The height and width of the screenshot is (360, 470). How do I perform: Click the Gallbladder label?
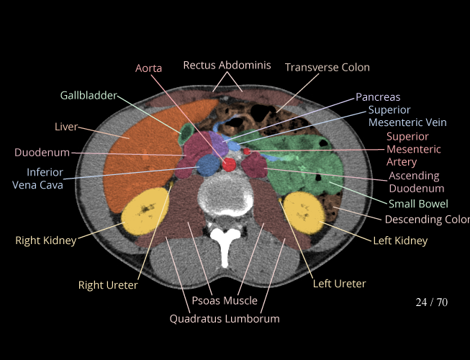(x=88, y=95)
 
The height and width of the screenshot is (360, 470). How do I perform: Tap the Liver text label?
(x=66, y=127)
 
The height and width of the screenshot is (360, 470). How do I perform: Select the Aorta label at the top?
(x=148, y=68)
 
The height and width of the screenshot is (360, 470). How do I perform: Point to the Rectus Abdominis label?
(x=227, y=66)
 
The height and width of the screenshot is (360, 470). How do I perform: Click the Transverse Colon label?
(x=327, y=68)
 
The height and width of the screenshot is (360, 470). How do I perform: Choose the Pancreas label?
(x=377, y=97)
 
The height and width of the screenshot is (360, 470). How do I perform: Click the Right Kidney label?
(x=45, y=240)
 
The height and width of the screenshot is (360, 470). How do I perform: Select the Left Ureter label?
(x=339, y=284)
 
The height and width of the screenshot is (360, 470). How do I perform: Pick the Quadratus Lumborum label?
(x=225, y=318)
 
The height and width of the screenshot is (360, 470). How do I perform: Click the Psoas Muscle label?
(x=225, y=300)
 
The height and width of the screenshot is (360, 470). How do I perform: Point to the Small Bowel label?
(x=418, y=204)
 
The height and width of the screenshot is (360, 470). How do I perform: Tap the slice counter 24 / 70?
(x=431, y=302)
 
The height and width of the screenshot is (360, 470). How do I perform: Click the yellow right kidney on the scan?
(x=146, y=211)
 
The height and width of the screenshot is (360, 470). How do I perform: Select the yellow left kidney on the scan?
(x=303, y=210)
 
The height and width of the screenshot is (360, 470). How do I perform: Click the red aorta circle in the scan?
(x=230, y=166)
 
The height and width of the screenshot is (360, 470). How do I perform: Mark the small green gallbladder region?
(x=186, y=132)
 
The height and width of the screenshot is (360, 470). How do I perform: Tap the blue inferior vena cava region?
(x=208, y=166)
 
